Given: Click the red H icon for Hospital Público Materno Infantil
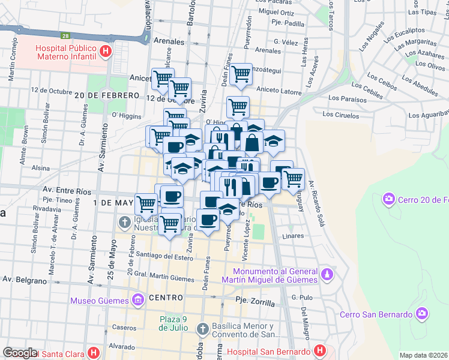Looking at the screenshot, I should tap(106, 52).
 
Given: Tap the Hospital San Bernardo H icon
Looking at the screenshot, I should tap(320, 350).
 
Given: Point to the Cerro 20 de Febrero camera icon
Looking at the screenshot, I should tap(388, 199).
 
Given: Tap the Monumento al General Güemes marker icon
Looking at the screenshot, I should tap(327, 274).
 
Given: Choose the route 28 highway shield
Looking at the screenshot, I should tap(65, 36).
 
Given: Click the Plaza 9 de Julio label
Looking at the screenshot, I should tap(175, 323).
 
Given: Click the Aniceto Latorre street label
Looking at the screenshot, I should tap(279, 91).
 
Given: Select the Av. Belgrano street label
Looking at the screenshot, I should tap(25, 280).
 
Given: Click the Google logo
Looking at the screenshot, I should tap(20, 353).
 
